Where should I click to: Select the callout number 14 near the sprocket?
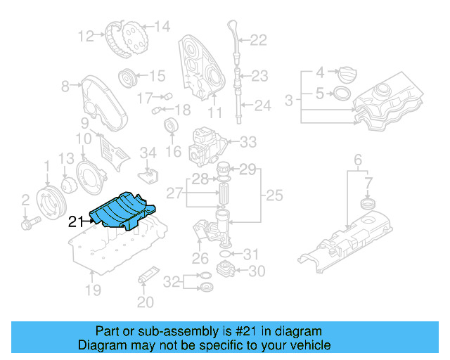click(162, 27)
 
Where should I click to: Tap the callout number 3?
click(288, 102)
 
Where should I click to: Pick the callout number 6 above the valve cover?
click(357, 159)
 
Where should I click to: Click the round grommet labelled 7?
click(364, 205)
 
